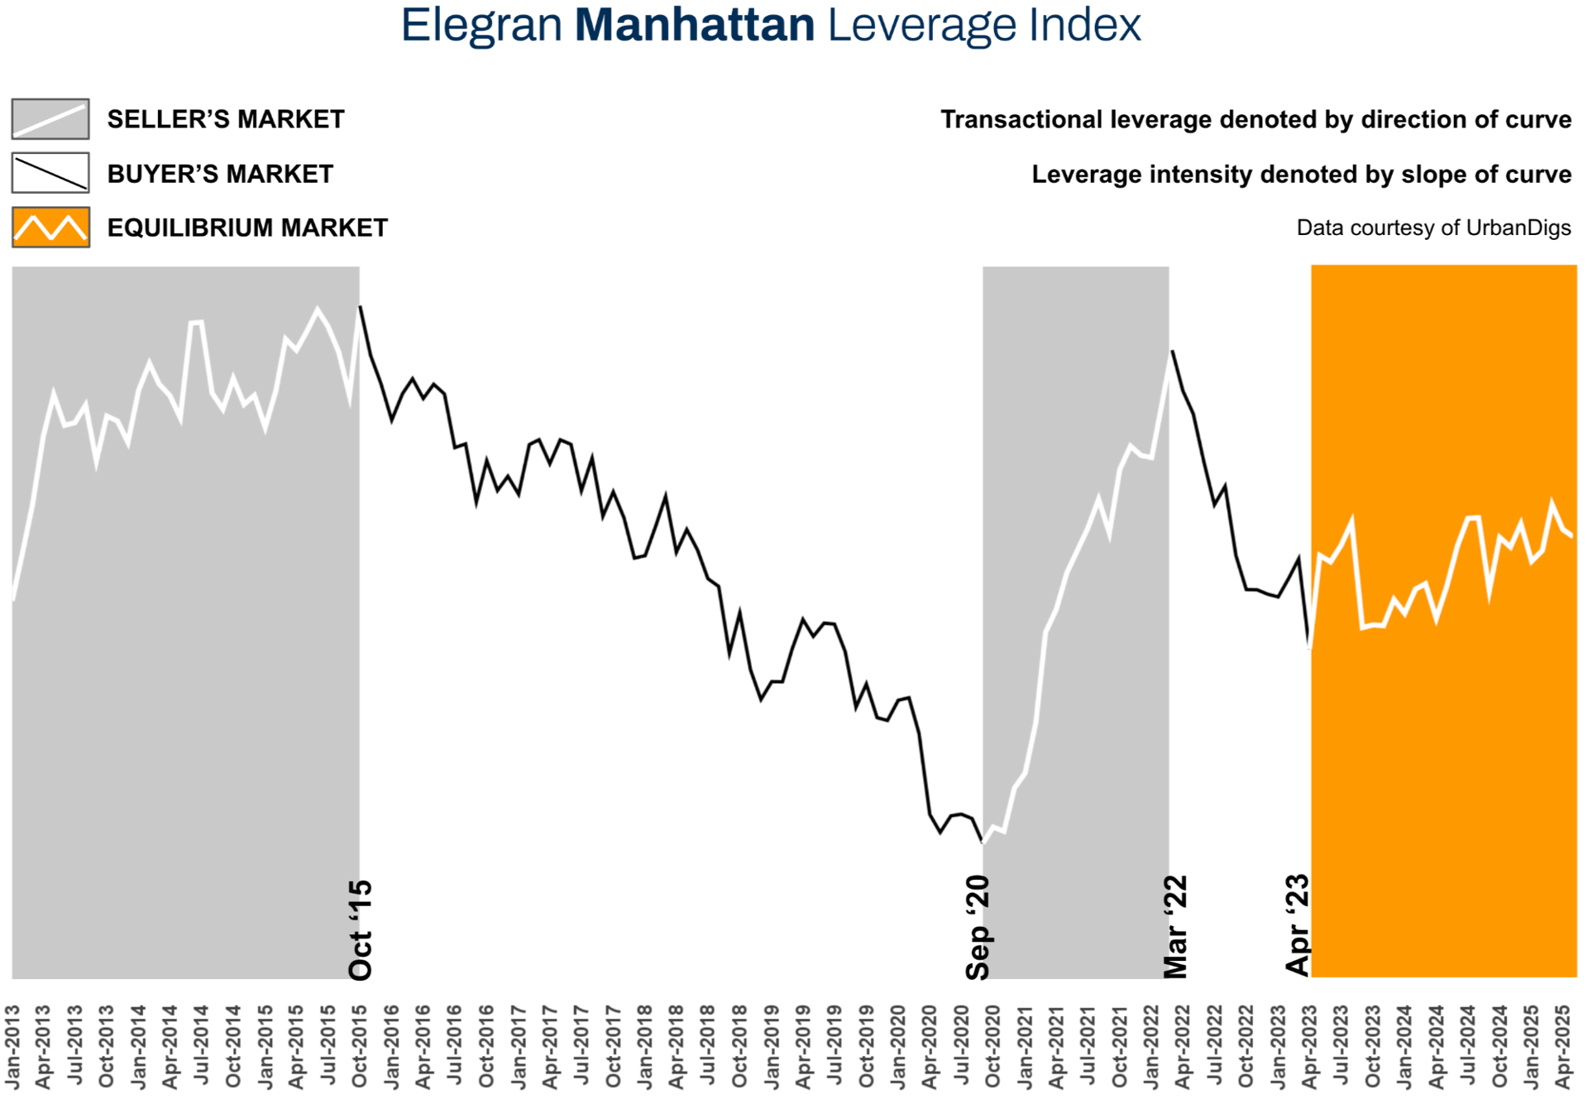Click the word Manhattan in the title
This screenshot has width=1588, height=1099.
click(694, 25)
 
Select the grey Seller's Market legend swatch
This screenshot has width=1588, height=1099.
click(50, 119)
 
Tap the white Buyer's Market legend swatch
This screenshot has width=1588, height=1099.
click(50, 174)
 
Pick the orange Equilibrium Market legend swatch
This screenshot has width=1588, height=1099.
click(50, 228)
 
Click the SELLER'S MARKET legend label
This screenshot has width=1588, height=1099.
click(226, 120)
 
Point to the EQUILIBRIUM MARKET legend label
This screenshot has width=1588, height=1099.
click(247, 228)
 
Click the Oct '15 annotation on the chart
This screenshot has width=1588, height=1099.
click(361, 930)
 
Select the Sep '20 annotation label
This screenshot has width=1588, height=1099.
click(978, 928)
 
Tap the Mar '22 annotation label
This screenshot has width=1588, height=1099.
click(1175, 927)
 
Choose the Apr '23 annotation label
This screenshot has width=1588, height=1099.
click(1298, 925)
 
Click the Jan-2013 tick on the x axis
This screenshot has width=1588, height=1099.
click(12, 1047)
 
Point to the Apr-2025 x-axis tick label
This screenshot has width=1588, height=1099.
click(1562, 1047)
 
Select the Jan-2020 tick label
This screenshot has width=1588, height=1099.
click(898, 1047)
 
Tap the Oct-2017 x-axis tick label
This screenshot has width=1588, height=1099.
click(613, 1047)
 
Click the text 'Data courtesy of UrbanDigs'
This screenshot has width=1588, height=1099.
click(1433, 228)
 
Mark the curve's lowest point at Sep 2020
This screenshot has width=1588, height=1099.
click(983, 842)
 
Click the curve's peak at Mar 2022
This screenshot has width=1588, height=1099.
click(1172, 352)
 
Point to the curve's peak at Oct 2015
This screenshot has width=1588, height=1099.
click(360, 307)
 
